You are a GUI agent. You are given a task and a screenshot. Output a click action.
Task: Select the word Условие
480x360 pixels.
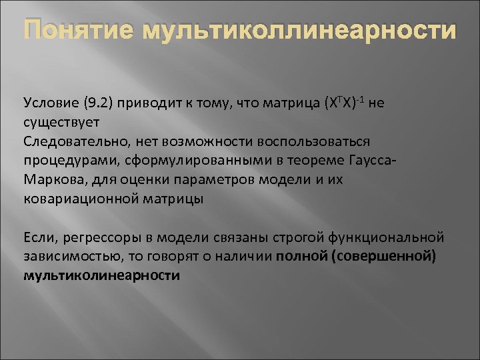point(50,103)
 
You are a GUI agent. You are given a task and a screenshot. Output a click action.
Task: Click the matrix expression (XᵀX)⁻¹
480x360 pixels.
point(348,103)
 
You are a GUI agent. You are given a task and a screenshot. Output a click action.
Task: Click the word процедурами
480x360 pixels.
point(66,161)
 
